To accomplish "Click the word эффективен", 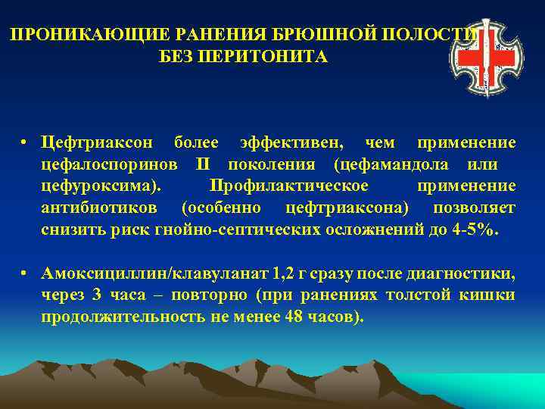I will tap(291, 142).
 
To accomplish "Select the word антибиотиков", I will tap(101, 208).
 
